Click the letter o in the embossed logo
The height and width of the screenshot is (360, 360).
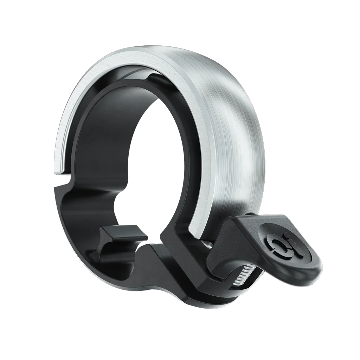point(275,242)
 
